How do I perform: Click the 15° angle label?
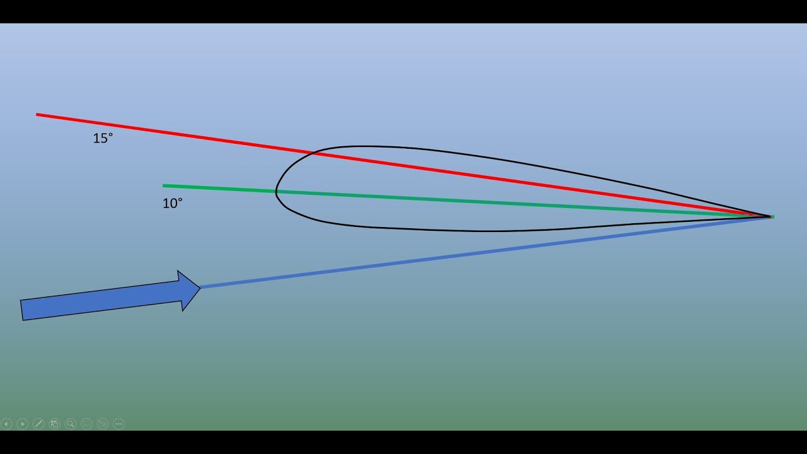pos(103,138)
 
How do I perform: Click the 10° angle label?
pos(173,204)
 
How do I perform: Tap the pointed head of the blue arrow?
pos(200,288)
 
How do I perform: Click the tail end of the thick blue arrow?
pos(21,310)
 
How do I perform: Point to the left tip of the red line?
pos(37,115)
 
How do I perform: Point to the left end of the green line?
pos(163,186)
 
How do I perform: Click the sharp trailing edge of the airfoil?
pos(770,216)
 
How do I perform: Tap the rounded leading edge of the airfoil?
pos(276,192)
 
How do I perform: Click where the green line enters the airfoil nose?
pos(276,191)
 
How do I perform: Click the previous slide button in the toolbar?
pos(6,424)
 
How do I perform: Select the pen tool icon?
pos(38,424)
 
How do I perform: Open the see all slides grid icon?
pos(54,424)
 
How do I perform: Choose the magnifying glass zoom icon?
pos(71,424)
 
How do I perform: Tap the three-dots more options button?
pos(119,424)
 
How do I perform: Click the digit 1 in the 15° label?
pos(96,139)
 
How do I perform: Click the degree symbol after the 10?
pos(180,200)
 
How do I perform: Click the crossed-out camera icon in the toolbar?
pos(103,424)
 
